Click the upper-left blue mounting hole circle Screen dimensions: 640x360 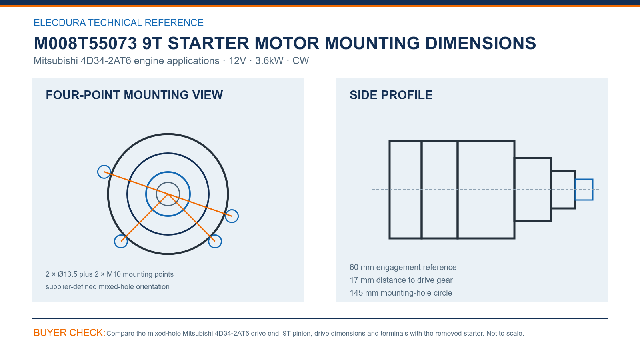[98, 172]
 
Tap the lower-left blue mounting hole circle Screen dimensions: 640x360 [115, 242]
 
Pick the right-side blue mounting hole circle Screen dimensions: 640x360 [238, 216]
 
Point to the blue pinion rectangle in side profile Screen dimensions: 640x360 [584, 180]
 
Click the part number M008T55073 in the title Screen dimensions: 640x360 [86, 43]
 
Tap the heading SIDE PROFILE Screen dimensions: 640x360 [391, 95]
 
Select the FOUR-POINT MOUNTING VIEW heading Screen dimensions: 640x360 [134, 95]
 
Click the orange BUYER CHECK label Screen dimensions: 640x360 [70, 332]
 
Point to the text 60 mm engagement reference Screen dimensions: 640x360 [403, 267]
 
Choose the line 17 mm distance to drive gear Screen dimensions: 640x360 [401, 280]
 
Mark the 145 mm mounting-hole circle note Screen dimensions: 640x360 [401, 293]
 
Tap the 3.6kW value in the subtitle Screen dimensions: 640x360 [269, 60]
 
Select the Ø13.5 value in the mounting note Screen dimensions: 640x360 [68, 274]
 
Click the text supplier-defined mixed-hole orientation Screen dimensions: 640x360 [108, 286]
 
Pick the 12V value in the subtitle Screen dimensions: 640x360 [237, 60]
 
